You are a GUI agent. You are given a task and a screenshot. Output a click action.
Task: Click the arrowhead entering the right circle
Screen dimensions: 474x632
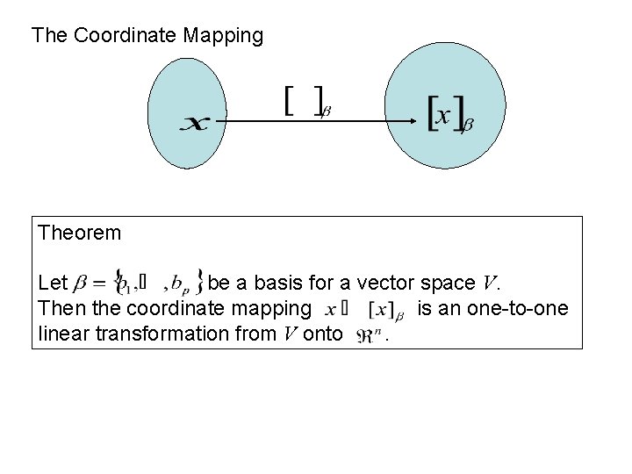(x=418, y=120)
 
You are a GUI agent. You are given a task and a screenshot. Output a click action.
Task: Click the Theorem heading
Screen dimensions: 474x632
(x=79, y=233)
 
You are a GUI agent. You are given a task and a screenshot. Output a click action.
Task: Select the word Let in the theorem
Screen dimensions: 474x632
(x=53, y=283)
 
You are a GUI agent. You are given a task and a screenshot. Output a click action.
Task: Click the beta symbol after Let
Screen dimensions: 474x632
(x=80, y=284)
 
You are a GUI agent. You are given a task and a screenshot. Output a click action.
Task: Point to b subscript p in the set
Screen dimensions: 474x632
(x=178, y=284)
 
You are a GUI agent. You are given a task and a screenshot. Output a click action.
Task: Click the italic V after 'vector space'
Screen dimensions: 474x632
(x=490, y=283)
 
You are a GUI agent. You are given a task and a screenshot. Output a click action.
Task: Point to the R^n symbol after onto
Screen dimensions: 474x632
(x=370, y=334)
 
